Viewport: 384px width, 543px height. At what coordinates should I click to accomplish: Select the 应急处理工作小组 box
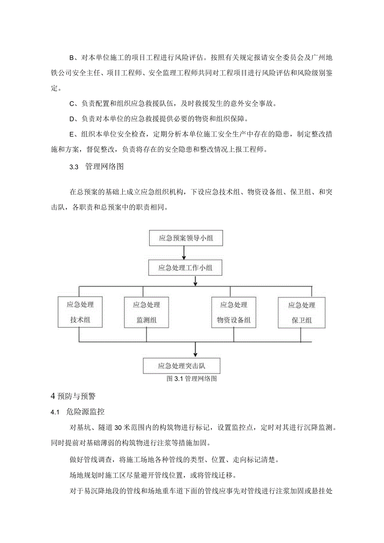(185, 268)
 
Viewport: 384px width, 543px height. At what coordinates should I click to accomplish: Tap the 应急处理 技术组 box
(80, 313)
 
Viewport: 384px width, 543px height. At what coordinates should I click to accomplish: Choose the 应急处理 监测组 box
(146, 313)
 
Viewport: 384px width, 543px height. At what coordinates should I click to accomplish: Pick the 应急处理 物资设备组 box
(233, 313)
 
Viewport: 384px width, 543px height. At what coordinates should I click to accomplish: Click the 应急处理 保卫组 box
(301, 313)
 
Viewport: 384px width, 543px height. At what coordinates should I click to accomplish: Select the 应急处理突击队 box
(182, 366)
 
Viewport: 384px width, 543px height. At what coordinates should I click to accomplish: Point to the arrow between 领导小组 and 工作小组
(184, 253)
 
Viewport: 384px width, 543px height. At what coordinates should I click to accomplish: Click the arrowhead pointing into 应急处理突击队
(195, 355)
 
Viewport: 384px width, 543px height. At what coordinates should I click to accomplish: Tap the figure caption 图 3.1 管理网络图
(192, 379)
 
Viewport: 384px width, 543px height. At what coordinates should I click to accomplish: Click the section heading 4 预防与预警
(73, 396)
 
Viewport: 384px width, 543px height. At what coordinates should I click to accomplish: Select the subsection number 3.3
(74, 167)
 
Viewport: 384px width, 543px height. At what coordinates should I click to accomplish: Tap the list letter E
(71, 134)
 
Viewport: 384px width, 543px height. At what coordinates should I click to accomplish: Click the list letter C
(71, 104)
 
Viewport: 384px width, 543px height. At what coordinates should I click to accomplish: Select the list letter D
(71, 119)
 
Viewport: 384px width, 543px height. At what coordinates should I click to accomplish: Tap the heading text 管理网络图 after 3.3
(104, 167)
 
